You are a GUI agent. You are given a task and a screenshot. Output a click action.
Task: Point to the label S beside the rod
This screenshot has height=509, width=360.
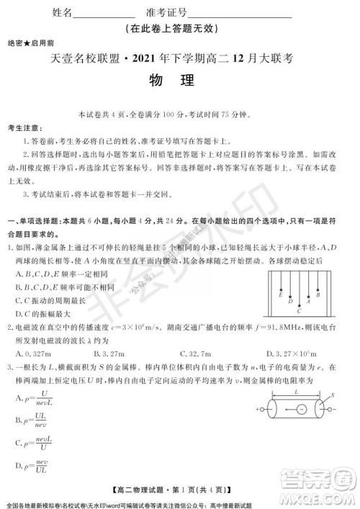332,395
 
